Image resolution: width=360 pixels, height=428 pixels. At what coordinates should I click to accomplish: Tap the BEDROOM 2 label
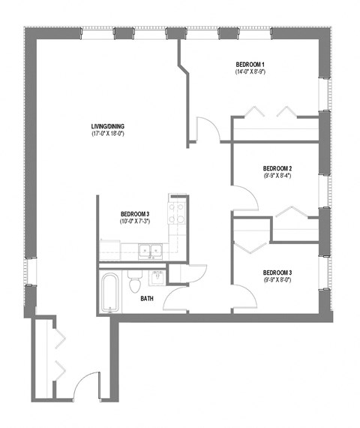pos(277,168)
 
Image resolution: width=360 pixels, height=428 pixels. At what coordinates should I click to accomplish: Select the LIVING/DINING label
pos(106,125)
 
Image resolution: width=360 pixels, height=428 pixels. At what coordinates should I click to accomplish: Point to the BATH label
pos(146,298)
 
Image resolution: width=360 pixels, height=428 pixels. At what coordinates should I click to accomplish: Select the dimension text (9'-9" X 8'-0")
pos(277,281)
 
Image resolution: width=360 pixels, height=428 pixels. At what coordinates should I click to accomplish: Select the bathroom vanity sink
pos(156,277)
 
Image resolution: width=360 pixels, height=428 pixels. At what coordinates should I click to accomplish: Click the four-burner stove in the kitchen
pos(177,214)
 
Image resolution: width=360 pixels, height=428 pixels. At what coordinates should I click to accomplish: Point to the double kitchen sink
pos(150,250)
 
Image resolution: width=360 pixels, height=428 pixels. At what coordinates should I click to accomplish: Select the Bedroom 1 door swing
pos(208,129)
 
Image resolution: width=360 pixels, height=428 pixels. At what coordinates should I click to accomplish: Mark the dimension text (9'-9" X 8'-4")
pos(277,177)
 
